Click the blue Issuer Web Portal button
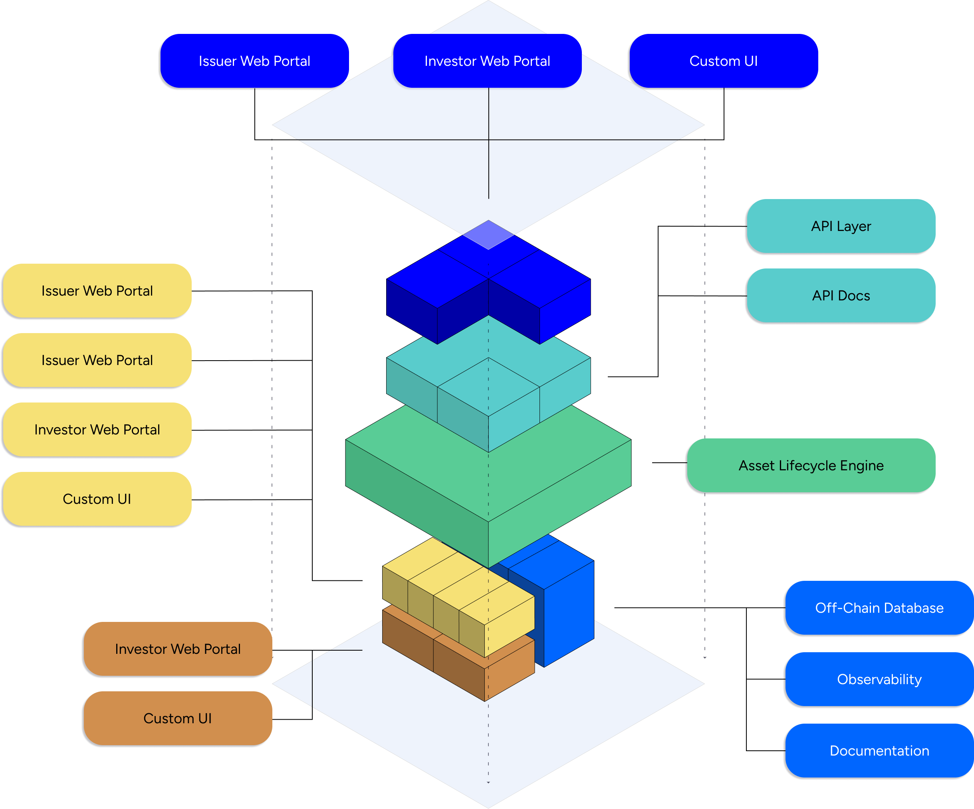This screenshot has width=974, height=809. pos(254,61)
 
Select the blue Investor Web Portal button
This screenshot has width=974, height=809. pos(487,61)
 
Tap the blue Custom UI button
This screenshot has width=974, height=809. pos(724,61)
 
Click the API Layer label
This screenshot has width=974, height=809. pos(841,226)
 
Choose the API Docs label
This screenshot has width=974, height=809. pos(841,296)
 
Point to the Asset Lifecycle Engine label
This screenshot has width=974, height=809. pos(811,465)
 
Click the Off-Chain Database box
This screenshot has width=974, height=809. pos(879,608)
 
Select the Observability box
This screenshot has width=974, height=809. pos(879,679)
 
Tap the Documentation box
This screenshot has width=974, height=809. pos(879,751)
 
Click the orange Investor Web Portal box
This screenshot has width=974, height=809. pos(178,649)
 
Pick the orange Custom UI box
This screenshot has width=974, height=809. pos(178,718)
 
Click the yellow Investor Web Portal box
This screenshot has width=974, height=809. pos(97,430)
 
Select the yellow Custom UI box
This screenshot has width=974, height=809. pos(97,499)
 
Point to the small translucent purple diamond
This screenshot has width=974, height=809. pos(488,234)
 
